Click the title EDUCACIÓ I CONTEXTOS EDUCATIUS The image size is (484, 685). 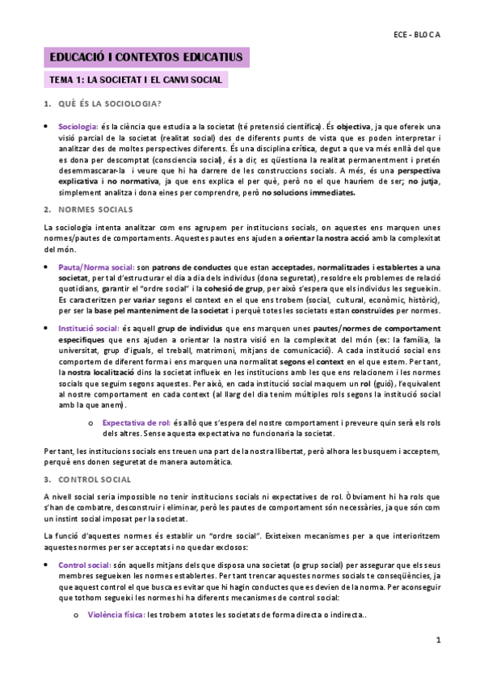146,57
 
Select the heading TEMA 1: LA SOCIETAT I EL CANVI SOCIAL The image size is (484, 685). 136,80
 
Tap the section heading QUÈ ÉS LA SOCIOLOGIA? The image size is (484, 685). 109,104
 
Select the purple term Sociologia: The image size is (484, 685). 78,127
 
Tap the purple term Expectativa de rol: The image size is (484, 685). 134,422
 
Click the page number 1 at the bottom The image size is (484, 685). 437,640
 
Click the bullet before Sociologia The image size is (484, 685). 48,128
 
